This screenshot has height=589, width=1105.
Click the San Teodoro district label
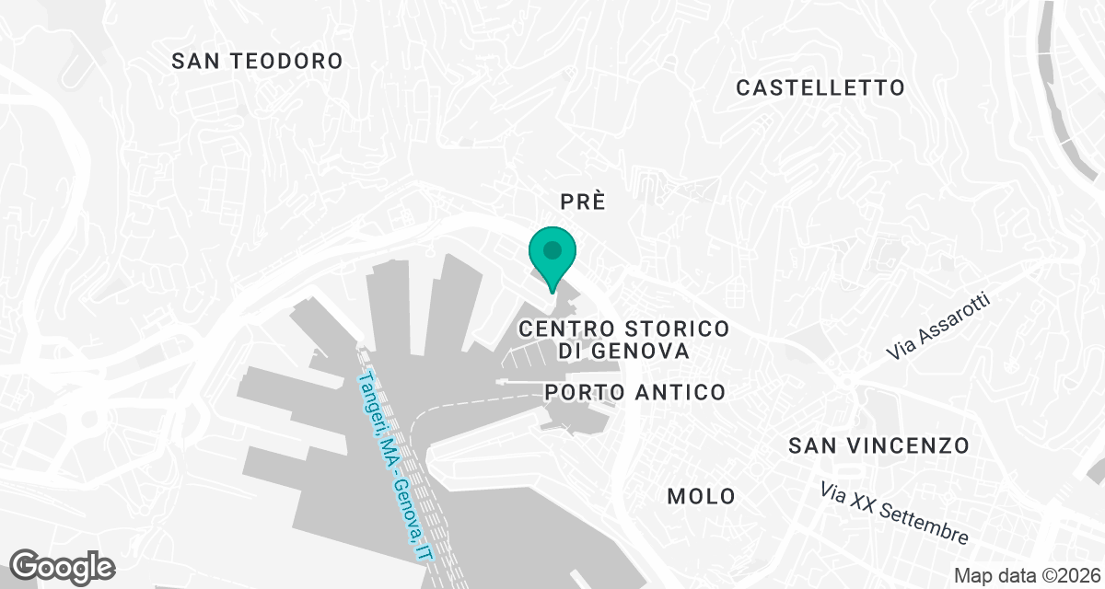pyautogui.click(x=258, y=61)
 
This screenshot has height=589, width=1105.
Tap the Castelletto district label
pyautogui.click(x=820, y=87)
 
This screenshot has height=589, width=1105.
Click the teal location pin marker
pyautogui.click(x=552, y=258)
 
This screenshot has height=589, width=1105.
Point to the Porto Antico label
pyautogui.click(x=635, y=392)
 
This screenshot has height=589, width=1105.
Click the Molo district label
pyautogui.click(x=702, y=496)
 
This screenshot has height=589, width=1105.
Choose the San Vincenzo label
pyautogui.click(x=879, y=445)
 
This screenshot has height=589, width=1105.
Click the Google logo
pyautogui.click(x=62, y=565)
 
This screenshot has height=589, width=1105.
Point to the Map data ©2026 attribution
pyautogui.click(x=1026, y=575)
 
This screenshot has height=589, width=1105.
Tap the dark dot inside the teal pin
pyautogui.click(x=552, y=249)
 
